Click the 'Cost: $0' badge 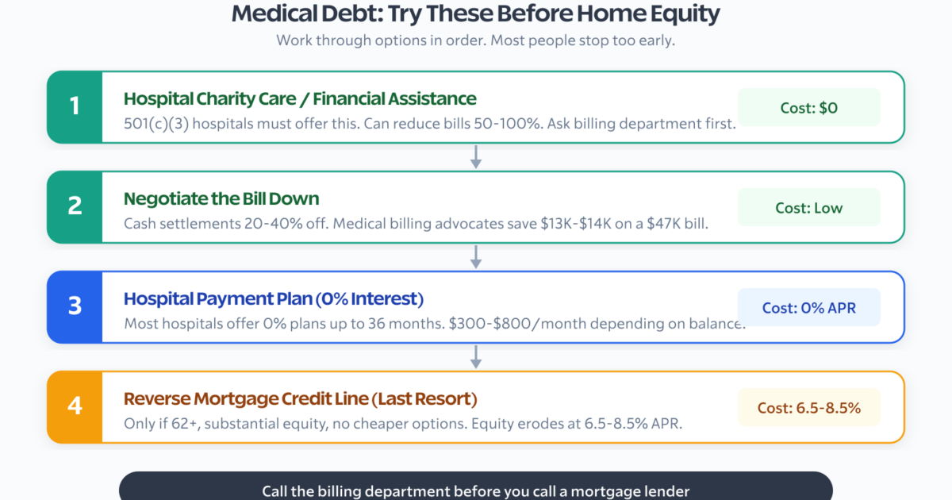pyautogui.click(x=808, y=108)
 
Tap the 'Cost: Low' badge pyautogui.click(x=808, y=207)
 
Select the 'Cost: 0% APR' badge pyautogui.click(x=808, y=307)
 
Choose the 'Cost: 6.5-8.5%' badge pyautogui.click(x=808, y=407)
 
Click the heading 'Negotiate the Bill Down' pyautogui.click(x=221, y=198)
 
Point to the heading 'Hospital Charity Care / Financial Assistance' pyautogui.click(x=300, y=98)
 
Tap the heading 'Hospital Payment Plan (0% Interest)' pyautogui.click(x=274, y=298)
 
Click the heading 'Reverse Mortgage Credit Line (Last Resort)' pyautogui.click(x=301, y=398)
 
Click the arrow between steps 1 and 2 pyautogui.click(x=476, y=157)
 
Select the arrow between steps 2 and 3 pyautogui.click(x=476, y=257)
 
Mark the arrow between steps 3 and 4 pyautogui.click(x=476, y=356)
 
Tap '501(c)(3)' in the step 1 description pyautogui.click(x=156, y=124)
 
